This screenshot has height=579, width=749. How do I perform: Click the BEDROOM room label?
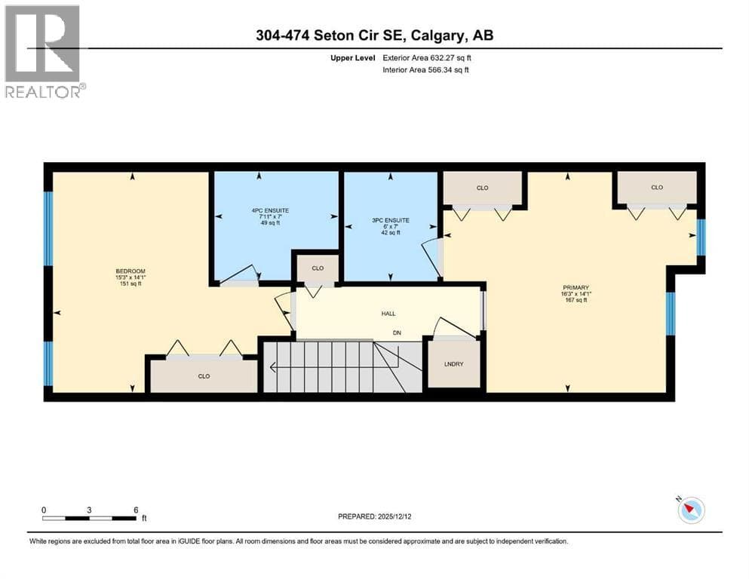[x=130, y=271]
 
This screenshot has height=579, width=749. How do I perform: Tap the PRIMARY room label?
[x=576, y=287]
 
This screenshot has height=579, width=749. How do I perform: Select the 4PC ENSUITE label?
[x=270, y=210]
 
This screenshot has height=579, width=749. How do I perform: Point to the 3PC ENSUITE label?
[x=391, y=221]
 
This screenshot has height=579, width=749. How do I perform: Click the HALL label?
[x=388, y=314]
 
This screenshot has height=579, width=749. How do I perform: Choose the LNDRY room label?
[x=454, y=363]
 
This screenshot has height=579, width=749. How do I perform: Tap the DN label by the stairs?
[x=397, y=332]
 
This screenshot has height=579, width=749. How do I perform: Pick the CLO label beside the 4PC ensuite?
[x=318, y=268]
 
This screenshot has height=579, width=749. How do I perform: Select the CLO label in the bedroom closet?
[x=204, y=376]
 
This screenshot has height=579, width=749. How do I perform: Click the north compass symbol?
[x=691, y=510]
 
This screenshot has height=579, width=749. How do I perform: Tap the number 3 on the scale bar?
[x=89, y=510]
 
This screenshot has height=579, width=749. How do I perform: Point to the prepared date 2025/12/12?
[x=394, y=516]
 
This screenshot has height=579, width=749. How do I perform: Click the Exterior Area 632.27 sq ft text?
[x=427, y=58]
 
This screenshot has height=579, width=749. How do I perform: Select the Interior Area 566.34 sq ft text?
[x=425, y=69]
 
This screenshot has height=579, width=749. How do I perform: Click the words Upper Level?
[x=353, y=58]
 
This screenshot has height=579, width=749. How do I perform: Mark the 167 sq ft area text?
[x=576, y=300]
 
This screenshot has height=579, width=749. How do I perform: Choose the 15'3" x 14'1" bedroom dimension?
[x=130, y=277]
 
